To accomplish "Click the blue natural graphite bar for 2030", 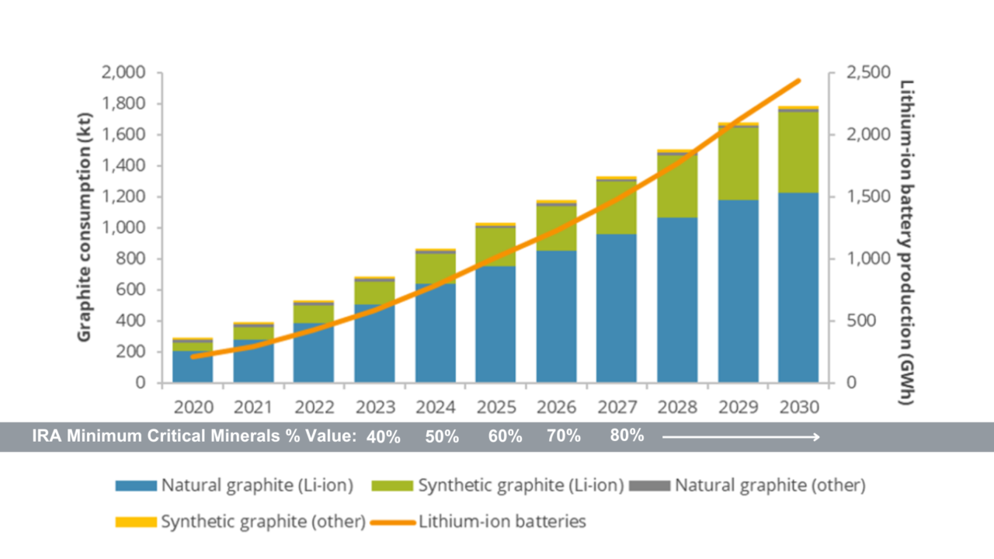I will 798,287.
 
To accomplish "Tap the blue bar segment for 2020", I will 193,367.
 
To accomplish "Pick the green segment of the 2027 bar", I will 617,207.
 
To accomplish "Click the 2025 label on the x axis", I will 495,407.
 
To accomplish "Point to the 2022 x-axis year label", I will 314,407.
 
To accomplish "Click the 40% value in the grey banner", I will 383,437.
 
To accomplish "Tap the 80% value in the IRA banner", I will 627,436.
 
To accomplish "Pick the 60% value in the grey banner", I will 505,436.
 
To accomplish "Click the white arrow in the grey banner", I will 741,437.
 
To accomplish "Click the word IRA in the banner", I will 48,436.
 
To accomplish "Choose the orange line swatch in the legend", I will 392,522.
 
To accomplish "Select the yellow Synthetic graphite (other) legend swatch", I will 135,522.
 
